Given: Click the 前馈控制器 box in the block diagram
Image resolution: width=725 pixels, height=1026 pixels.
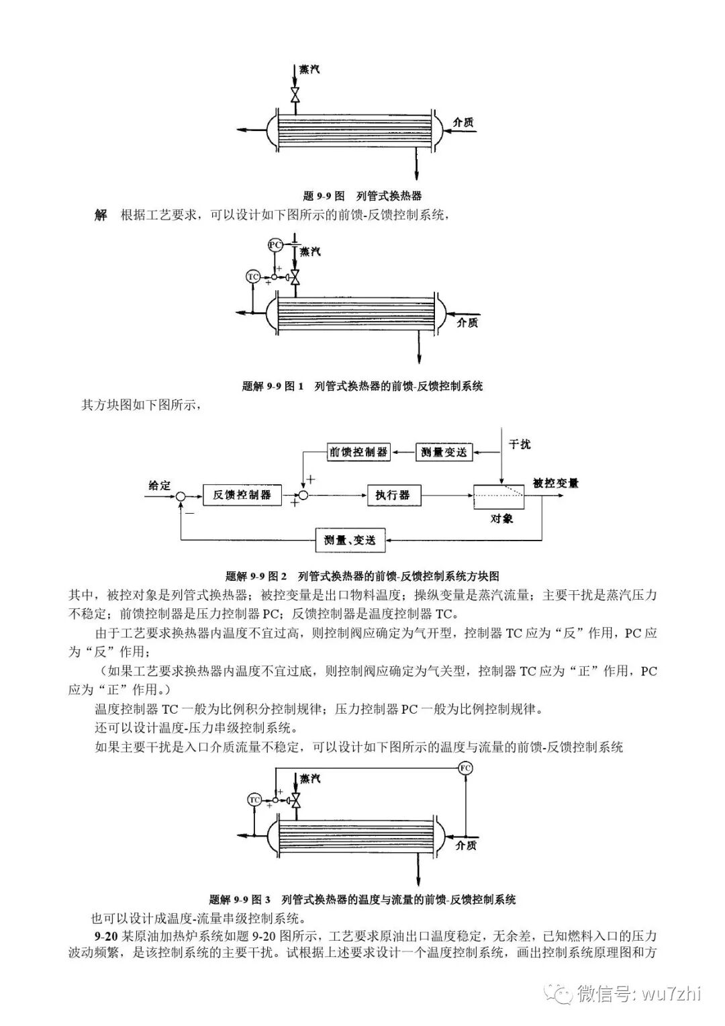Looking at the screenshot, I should [x=359, y=452].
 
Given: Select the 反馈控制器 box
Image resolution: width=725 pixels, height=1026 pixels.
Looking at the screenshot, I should [x=242, y=495].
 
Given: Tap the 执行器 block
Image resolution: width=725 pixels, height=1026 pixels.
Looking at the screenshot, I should [x=393, y=495].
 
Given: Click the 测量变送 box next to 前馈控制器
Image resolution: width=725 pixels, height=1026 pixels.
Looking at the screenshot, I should [x=444, y=452].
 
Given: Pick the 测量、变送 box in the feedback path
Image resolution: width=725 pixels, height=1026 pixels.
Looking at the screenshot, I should [x=349, y=539].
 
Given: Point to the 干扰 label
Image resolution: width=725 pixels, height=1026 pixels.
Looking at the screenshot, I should [x=520, y=445].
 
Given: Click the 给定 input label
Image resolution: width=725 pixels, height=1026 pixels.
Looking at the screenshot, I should [x=160, y=485].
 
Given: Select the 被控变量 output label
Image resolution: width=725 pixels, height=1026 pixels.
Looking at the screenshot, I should [x=555, y=483].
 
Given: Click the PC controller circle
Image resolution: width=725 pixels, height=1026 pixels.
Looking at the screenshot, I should [x=275, y=244].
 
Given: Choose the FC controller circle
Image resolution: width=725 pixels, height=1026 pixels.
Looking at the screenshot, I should [x=465, y=768].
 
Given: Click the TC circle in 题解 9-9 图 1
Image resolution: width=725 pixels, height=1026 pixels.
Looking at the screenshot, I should [x=253, y=277].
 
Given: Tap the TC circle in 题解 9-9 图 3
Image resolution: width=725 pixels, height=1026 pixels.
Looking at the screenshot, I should [x=254, y=800].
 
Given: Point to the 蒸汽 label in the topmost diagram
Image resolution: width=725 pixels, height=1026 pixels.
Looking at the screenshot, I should [x=309, y=69].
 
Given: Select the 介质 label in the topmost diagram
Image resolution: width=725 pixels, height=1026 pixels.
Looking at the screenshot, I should [x=463, y=122].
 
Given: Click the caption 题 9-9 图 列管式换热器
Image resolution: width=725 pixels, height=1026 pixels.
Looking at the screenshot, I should [x=362, y=196].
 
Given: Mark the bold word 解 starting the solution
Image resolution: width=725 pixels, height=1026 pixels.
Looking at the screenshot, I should [x=101, y=216].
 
